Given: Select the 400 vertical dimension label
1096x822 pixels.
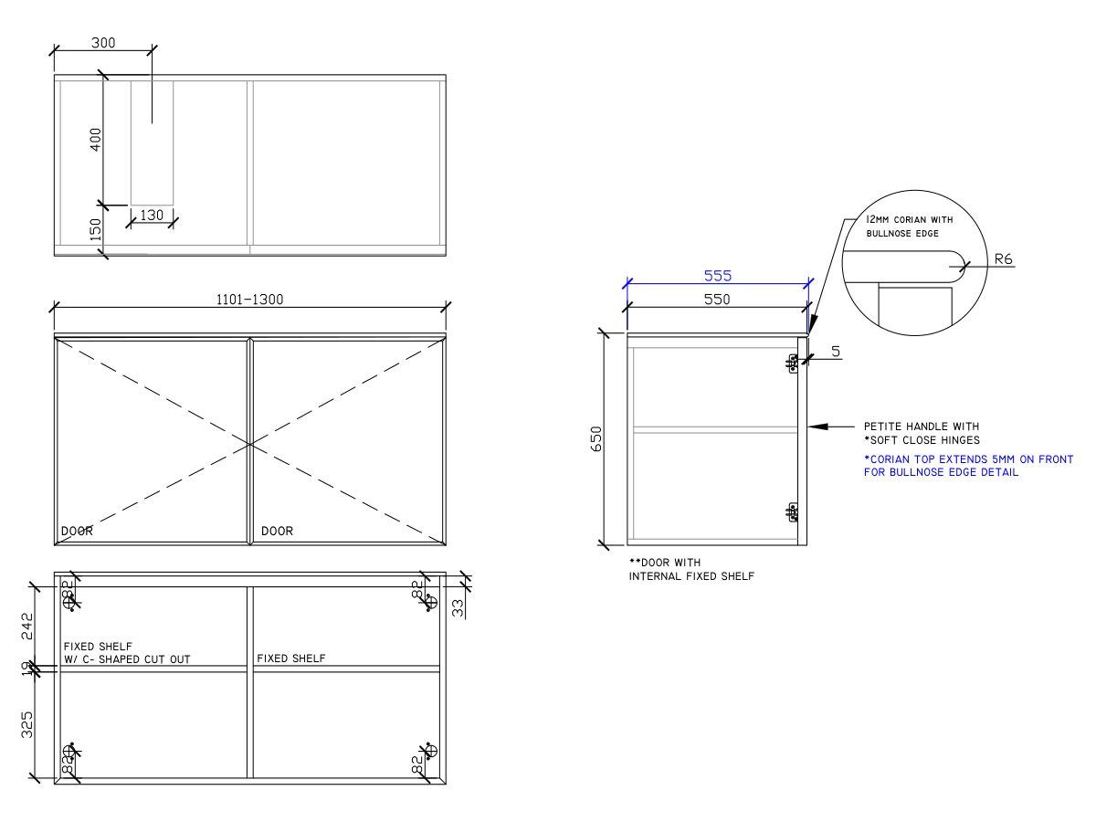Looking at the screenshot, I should pyautogui.click(x=96, y=140).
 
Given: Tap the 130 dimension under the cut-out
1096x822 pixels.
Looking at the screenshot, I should pyautogui.click(x=152, y=216).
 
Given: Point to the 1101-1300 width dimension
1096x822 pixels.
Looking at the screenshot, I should pyautogui.click(x=249, y=300).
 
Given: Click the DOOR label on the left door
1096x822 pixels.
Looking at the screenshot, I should pyautogui.click(x=77, y=531).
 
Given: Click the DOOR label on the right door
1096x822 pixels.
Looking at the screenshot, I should pyautogui.click(x=277, y=531).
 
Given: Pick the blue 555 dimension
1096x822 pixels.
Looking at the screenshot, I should pyautogui.click(x=717, y=275).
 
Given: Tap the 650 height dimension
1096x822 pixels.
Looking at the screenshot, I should pyautogui.click(x=595, y=439).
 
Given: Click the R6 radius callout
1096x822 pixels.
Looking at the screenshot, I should pyautogui.click(x=1003, y=259).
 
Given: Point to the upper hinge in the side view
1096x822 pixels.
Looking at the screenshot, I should pyautogui.click(x=793, y=364).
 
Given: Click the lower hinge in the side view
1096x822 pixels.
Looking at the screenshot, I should pyautogui.click(x=793, y=511).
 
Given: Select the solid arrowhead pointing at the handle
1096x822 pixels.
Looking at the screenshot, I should pyautogui.click(x=817, y=426).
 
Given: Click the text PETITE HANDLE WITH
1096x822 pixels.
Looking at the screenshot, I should pyautogui.click(x=921, y=427).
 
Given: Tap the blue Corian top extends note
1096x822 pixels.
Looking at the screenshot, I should pyautogui.click(x=968, y=466).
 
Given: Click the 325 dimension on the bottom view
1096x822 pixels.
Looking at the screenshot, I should pyautogui.click(x=26, y=725).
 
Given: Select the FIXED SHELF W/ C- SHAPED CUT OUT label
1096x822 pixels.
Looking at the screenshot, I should pyautogui.click(x=126, y=652).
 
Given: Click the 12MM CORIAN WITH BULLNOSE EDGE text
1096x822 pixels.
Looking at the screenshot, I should pyautogui.click(x=910, y=227).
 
